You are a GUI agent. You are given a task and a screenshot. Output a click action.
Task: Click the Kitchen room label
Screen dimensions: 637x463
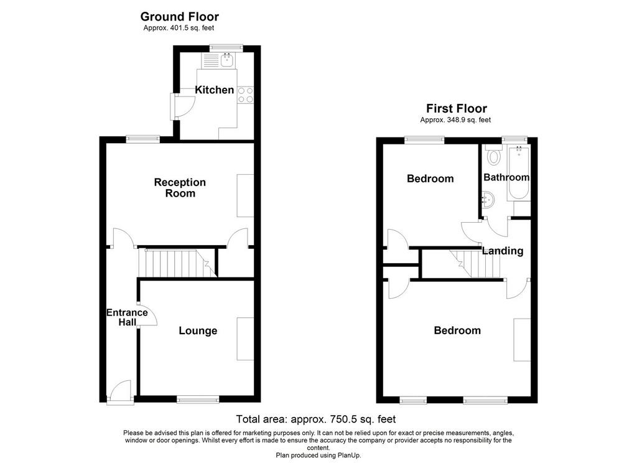[x=214, y=90]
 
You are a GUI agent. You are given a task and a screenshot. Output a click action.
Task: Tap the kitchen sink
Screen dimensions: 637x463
[x=227, y=60]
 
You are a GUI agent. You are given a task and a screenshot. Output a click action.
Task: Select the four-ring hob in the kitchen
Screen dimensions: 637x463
[x=246, y=95]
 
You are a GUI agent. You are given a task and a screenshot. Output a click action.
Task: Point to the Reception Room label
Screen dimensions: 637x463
[x=180, y=187]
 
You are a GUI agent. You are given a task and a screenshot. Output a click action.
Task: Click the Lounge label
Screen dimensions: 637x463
[x=198, y=330]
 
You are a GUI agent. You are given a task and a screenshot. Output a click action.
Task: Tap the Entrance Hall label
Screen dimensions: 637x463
[x=127, y=317]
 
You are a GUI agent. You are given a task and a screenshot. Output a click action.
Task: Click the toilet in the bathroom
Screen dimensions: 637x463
[x=493, y=155]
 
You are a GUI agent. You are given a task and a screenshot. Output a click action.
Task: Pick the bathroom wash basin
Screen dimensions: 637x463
[x=488, y=200]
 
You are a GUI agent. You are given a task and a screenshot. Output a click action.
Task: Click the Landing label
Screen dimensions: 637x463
[x=503, y=251]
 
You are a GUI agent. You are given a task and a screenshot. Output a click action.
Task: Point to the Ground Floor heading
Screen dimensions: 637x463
[x=180, y=17]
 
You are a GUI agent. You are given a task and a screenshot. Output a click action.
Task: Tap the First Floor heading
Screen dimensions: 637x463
[x=456, y=108]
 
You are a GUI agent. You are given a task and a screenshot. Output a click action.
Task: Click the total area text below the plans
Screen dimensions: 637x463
[x=315, y=419]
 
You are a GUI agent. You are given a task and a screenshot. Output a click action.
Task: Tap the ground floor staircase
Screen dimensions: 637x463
[x=177, y=263]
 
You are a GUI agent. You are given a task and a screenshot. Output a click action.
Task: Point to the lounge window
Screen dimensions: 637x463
[x=198, y=400]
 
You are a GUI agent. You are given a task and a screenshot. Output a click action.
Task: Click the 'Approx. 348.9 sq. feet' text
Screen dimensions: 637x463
[x=455, y=120]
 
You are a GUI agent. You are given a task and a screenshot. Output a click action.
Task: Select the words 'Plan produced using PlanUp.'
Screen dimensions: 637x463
[x=318, y=456]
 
